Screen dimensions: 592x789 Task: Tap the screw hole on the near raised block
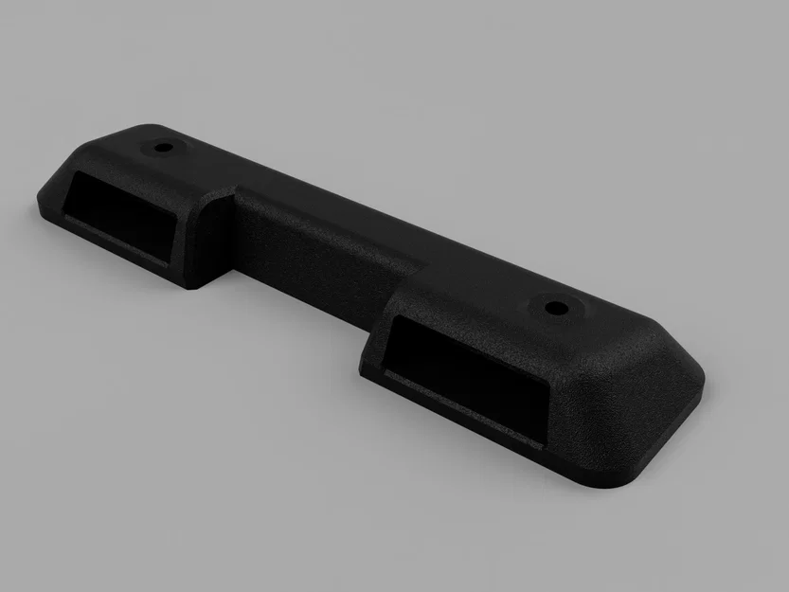pyautogui.click(x=552, y=307)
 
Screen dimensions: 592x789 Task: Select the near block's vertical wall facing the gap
pyautogui.click(x=374, y=332)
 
